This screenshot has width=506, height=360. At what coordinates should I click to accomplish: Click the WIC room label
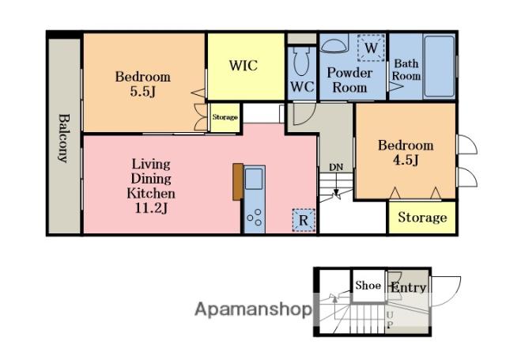pos(244,66)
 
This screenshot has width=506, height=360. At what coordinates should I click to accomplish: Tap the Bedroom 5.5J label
pos(143,84)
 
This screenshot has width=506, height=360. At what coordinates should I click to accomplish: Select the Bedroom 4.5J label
pos(406,153)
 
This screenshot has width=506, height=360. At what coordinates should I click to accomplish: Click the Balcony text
pos(64,138)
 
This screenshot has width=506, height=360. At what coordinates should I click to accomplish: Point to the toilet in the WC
pos(301,62)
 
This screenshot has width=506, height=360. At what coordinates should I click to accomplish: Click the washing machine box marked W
pos(371,47)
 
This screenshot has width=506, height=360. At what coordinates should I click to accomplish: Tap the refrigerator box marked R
pos(304,221)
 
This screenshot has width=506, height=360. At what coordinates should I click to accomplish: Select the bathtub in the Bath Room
pos(439,66)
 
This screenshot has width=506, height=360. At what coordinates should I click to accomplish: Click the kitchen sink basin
pos(254,179)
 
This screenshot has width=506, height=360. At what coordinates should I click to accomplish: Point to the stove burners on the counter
pos(255,218)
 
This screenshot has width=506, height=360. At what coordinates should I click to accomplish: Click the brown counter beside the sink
pos(238,182)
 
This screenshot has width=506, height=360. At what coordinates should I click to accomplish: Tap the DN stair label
pos(336,167)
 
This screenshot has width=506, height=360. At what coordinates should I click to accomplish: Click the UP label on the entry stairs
pos(390,320)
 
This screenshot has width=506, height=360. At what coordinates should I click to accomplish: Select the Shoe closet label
pos(368,286)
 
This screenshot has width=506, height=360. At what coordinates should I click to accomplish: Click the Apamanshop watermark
pos(253,309)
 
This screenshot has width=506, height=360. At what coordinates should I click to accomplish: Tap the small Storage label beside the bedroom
pos(225,117)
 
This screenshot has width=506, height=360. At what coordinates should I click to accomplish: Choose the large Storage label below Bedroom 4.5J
pos(422,218)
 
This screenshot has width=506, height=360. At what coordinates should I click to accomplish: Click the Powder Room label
pos(349,80)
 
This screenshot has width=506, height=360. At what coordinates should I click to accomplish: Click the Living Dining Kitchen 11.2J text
pos(151,186)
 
